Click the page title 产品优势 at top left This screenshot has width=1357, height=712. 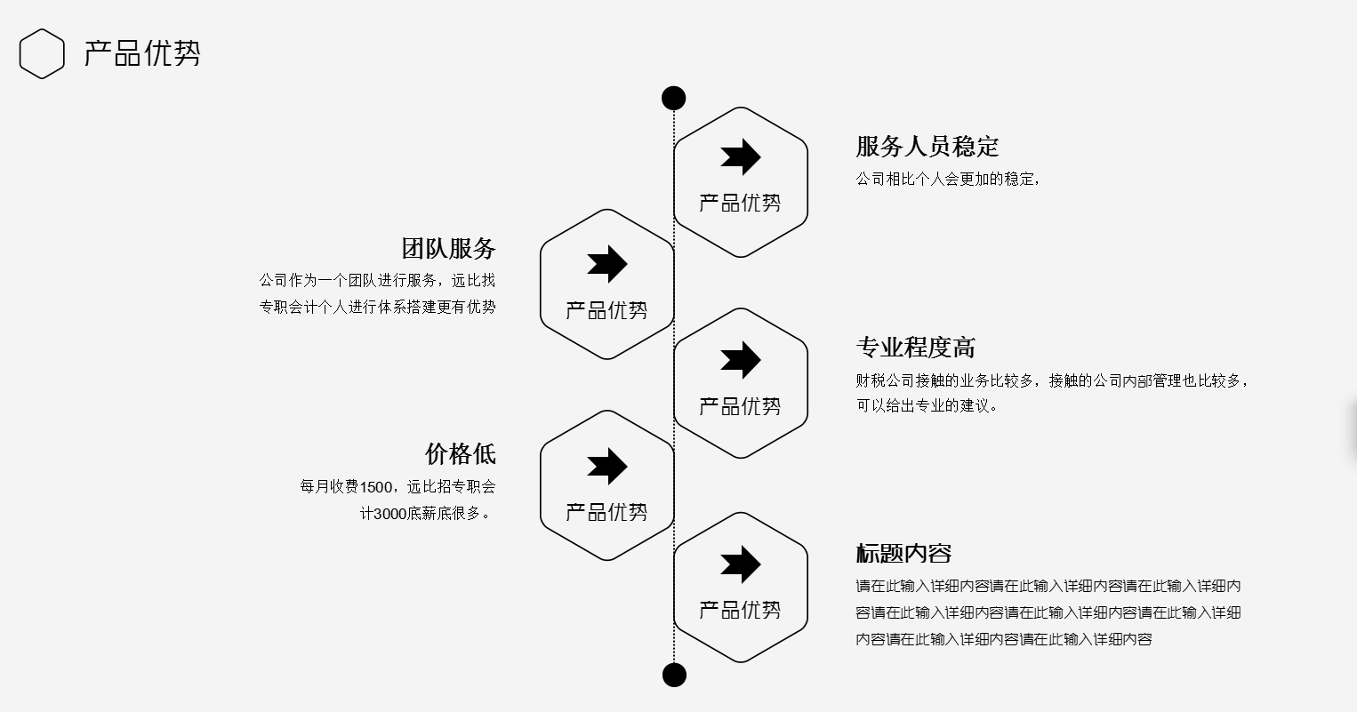coord(142,53)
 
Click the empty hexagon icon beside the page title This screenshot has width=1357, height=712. coord(42,54)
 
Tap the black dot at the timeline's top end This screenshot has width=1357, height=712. coord(674,98)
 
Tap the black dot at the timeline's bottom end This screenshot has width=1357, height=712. coord(675,675)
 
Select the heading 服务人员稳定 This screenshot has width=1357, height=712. coord(927,147)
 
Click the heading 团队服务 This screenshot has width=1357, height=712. coord(448,248)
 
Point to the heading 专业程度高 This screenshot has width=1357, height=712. coord(915,348)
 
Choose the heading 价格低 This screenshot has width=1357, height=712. coord(460,454)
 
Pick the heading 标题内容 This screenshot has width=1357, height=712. coord(903,553)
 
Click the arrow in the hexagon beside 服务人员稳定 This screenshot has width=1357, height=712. coord(740,157)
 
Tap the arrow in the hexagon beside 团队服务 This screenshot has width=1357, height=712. coord(606,264)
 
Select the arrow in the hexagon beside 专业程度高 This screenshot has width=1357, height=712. coord(740,360)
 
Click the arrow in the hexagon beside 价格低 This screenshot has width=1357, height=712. coord(606,466)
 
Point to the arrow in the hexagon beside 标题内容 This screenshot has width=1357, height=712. coord(740,564)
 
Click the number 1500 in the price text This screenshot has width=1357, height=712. coord(375,487)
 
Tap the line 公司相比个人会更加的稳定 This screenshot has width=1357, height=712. coord(946,180)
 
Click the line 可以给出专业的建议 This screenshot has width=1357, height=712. coord(927,406)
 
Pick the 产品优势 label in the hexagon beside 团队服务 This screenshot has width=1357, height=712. coord(606,311)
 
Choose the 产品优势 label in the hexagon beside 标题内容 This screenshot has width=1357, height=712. coord(740,611)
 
